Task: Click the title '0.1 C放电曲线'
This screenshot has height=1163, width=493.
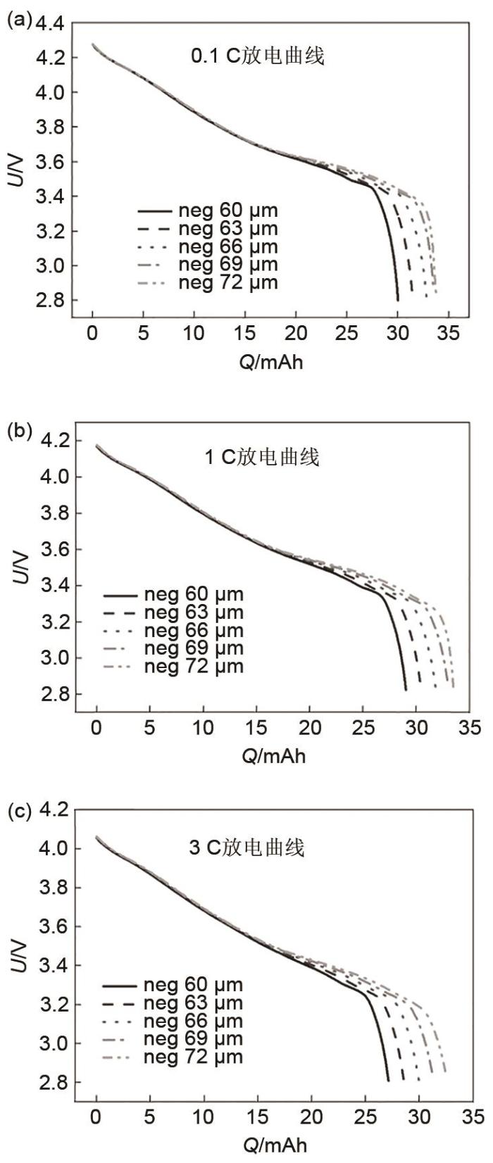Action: (x=258, y=56)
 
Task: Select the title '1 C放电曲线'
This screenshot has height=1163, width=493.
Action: (x=261, y=458)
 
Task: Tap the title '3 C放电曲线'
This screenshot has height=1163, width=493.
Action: (x=246, y=847)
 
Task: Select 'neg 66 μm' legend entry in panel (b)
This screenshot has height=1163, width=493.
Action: (x=194, y=631)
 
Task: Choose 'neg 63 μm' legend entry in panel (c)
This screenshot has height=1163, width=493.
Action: (x=193, y=1003)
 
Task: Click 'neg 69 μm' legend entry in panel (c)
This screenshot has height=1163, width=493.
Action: (x=193, y=1039)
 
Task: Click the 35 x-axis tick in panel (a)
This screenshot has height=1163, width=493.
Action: (x=449, y=333)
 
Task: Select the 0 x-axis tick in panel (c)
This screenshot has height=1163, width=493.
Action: (x=96, y=1118)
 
